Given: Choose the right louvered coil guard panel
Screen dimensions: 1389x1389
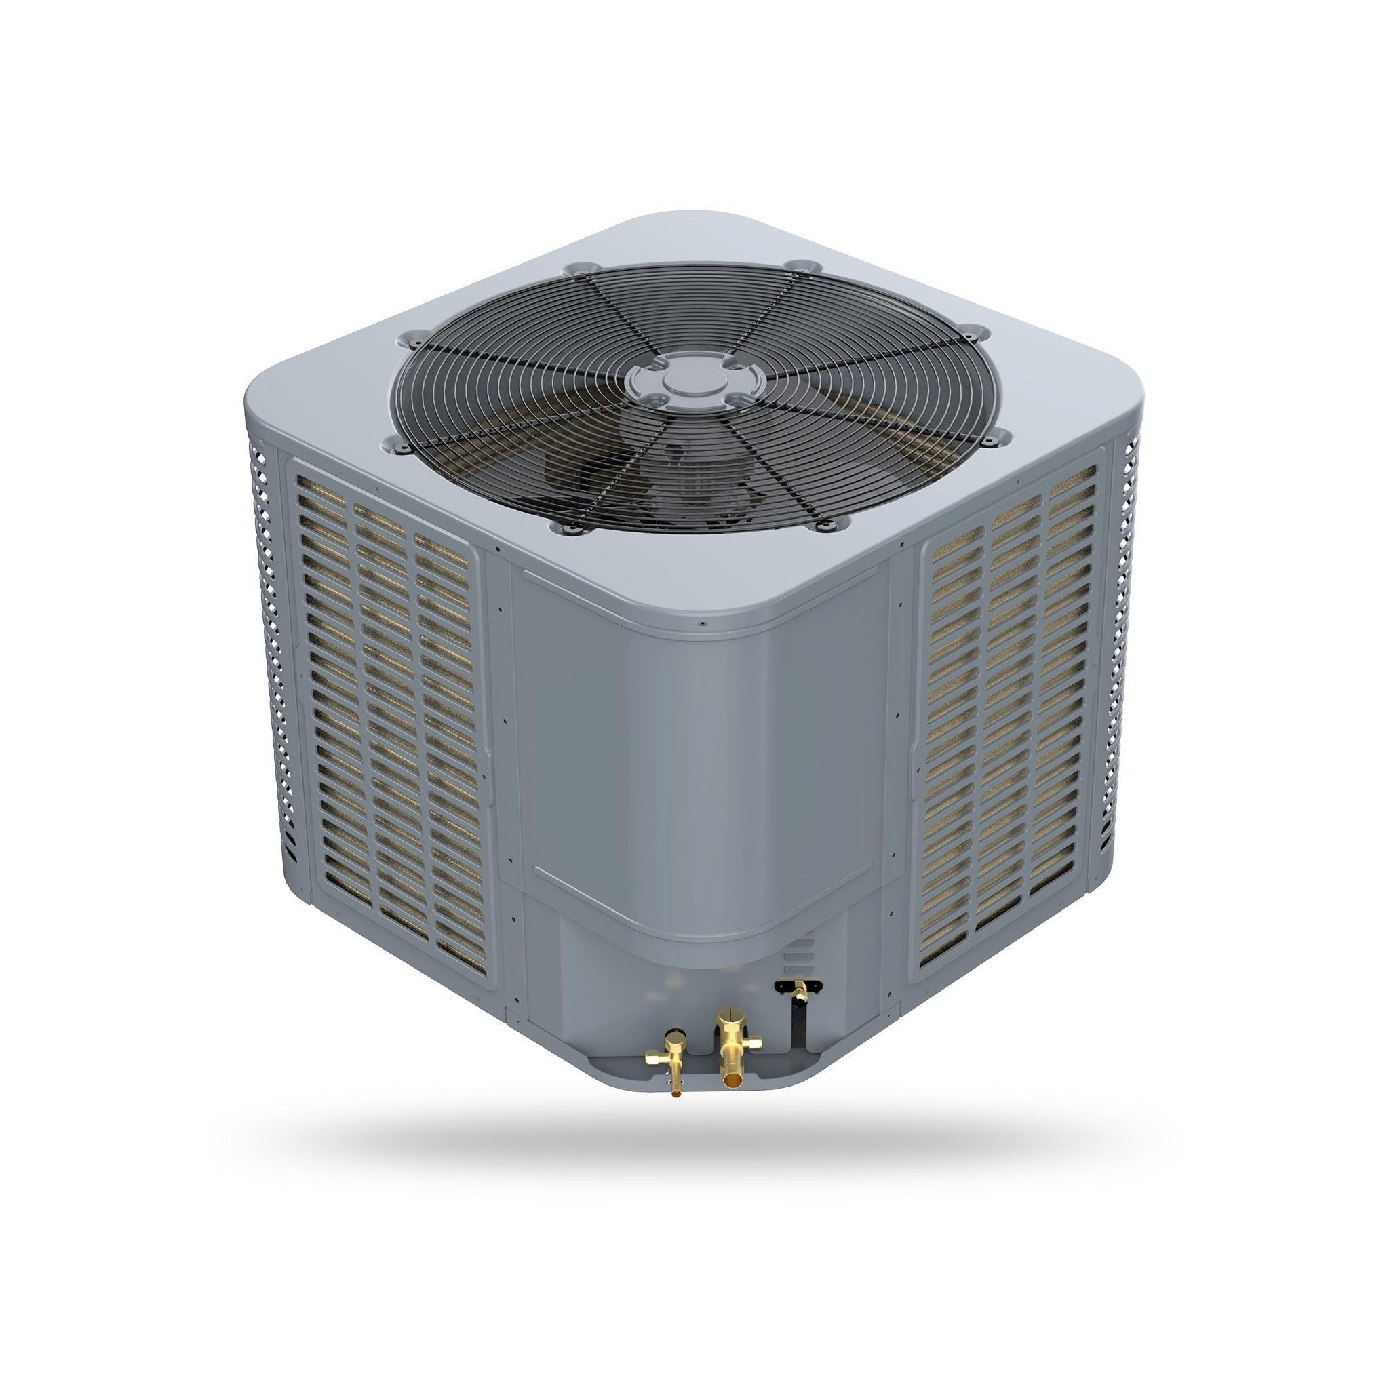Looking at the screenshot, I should [x=1006, y=719].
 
